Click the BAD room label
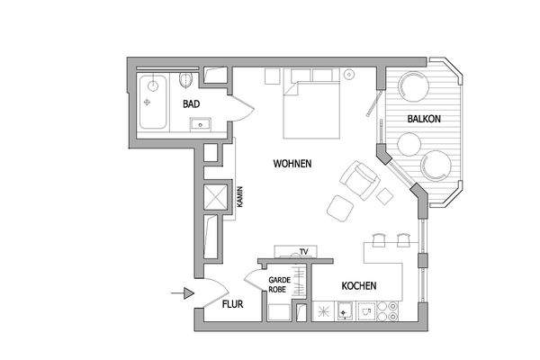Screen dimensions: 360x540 (191, 105)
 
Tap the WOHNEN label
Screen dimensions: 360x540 (292, 165)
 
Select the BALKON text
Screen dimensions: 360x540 (423, 119)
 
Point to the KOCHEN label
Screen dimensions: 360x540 (358, 287)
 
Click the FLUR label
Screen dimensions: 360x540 (233, 306)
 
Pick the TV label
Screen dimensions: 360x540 (304, 251)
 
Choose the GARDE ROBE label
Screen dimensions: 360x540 (278, 286)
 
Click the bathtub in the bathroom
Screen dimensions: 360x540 (153, 102)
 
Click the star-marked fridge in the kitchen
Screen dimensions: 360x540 (322, 311)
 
